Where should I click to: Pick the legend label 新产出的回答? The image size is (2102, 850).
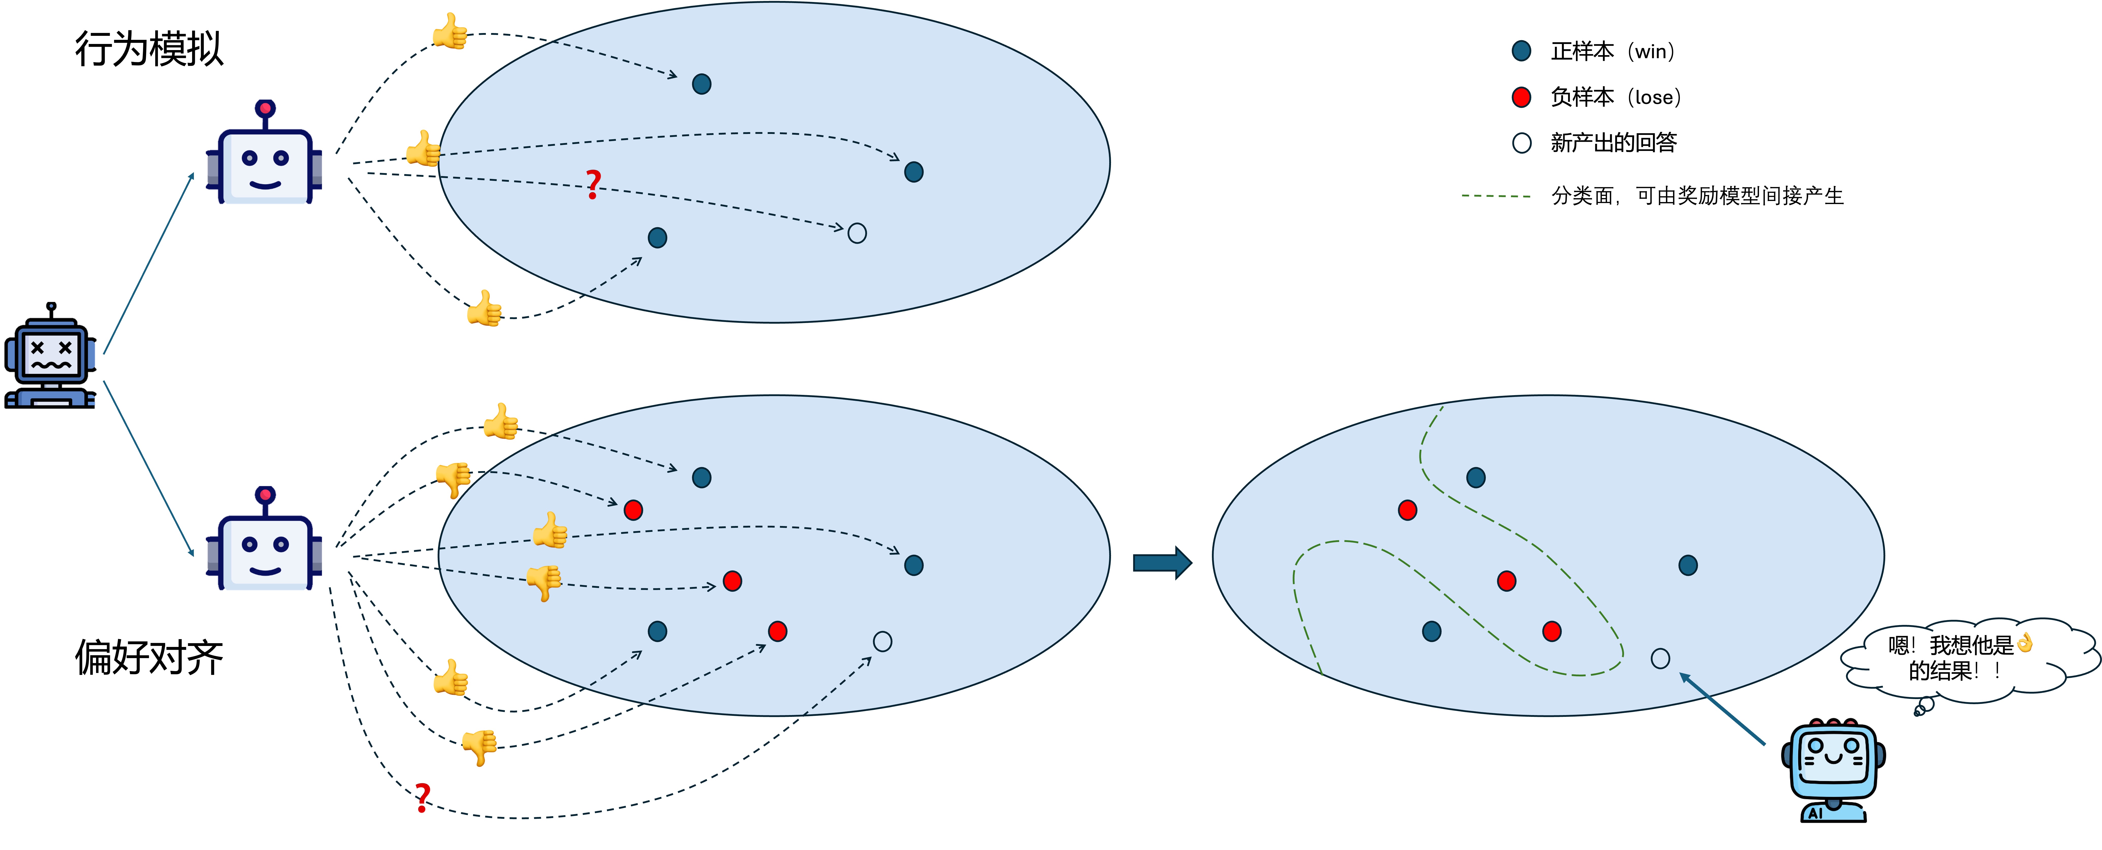(x=1613, y=143)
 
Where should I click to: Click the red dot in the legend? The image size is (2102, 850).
(x=1521, y=97)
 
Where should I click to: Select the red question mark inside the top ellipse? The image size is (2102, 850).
(x=593, y=184)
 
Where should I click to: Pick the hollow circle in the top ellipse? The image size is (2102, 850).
(x=857, y=233)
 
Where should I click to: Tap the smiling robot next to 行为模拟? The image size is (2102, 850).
(x=264, y=155)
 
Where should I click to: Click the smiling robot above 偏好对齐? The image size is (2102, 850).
(x=264, y=541)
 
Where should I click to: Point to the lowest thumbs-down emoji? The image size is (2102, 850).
(x=479, y=746)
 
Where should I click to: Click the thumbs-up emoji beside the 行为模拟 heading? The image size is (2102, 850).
(x=450, y=32)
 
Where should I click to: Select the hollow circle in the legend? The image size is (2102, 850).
(x=1521, y=143)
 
